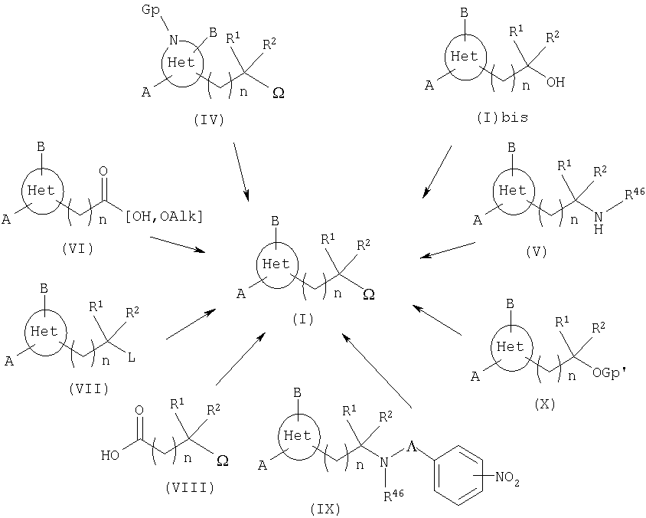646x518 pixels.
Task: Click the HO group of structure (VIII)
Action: (110, 456)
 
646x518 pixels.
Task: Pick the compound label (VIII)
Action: (188, 487)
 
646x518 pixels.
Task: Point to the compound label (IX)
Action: (326, 508)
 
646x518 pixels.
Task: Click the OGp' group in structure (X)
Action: (610, 374)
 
